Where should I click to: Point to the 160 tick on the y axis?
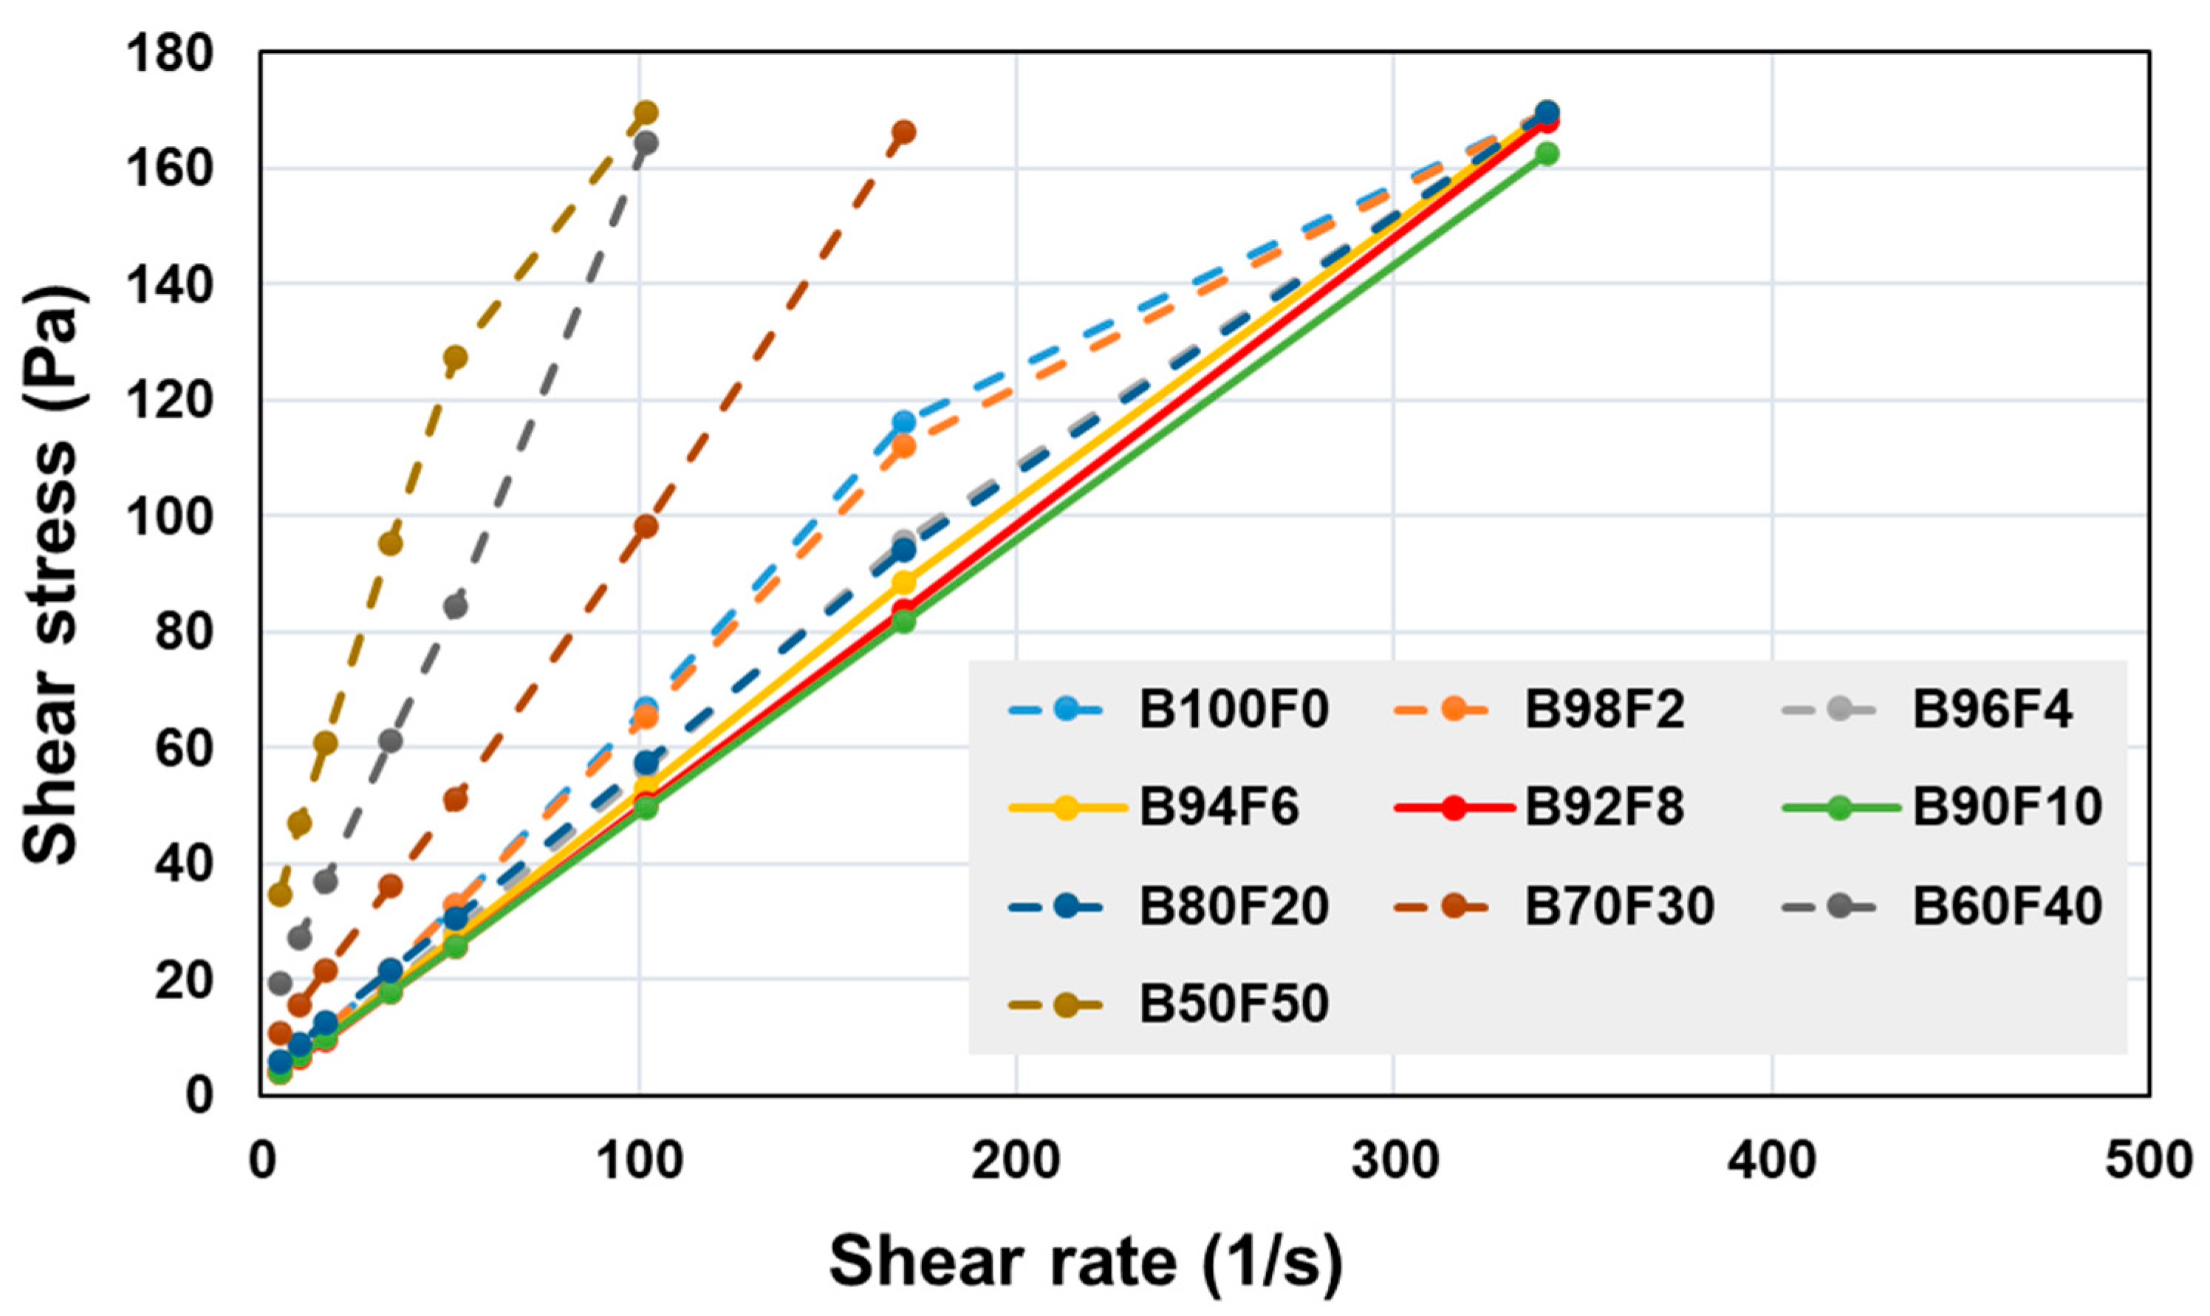click(169, 168)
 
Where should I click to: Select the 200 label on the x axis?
click(1016, 1162)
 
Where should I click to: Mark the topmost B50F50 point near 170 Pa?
click(646, 114)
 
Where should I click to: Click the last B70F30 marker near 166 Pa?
click(903, 132)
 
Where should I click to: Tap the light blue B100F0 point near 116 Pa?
click(903, 422)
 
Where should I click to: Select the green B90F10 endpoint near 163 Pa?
click(1547, 154)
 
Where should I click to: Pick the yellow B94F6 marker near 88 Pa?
click(903, 583)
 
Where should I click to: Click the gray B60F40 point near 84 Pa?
click(455, 608)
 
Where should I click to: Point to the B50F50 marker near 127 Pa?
click(455, 357)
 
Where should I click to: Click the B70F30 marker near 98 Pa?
click(646, 527)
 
